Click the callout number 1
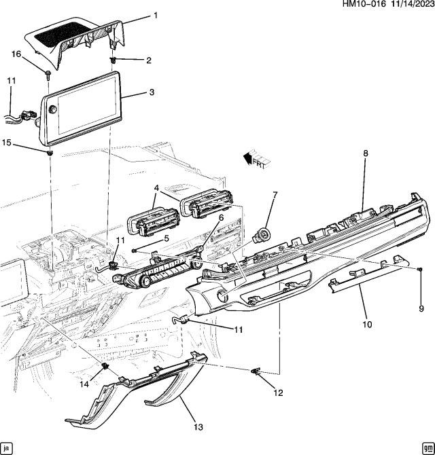point(154,15)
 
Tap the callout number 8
point(365,153)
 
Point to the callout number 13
point(198,426)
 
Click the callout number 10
point(367,325)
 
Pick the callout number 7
point(275,195)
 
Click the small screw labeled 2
point(113,60)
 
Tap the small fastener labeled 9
point(420,270)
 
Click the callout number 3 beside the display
point(152,92)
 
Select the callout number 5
point(166,238)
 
